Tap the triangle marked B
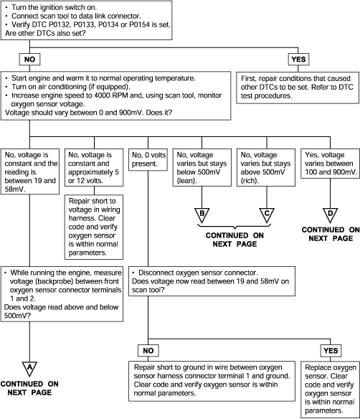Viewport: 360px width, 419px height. (x=202, y=215)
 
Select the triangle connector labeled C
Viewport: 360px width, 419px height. (x=267, y=215)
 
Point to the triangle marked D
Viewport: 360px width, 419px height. (x=331, y=215)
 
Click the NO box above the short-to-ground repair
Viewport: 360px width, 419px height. (x=148, y=351)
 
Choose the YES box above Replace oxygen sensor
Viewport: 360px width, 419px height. (x=331, y=351)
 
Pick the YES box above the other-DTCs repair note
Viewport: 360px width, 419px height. (x=298, y=59)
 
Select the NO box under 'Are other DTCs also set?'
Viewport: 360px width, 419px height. (x=29, y=59)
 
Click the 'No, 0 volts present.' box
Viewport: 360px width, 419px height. (x=148, y=159)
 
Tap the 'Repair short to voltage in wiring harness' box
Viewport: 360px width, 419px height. (x=94, y=227)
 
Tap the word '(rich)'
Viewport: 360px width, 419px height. (x=250, y=181)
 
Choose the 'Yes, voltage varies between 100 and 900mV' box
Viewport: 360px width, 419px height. (x=331, y=164)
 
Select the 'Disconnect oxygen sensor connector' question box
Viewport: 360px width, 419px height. (x=212, y=281)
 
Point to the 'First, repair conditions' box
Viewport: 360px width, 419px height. (x=298, y=88)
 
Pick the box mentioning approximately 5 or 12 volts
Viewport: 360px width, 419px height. (x=94, y=168)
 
